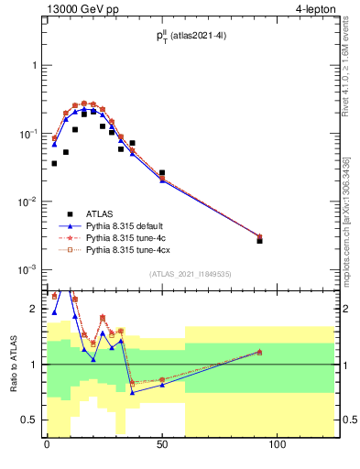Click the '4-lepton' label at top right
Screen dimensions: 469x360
(x=314, y=8)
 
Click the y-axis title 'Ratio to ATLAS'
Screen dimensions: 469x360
(x=13, y=365)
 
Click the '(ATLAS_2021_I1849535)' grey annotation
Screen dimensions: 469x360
(x=190, y=274)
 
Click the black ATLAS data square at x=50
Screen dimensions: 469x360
(x=162, y=172)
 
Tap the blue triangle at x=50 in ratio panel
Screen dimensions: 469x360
(x=162, y=385)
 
